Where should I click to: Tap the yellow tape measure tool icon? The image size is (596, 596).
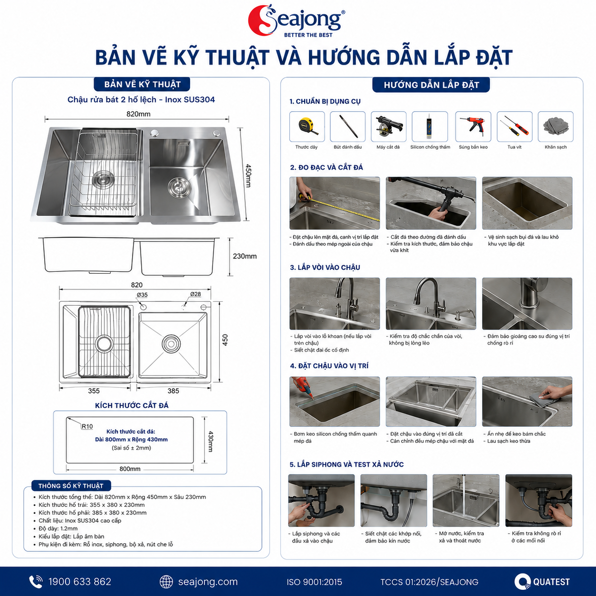(x=308, y=126)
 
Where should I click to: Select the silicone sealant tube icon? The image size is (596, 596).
(x=430, y=126)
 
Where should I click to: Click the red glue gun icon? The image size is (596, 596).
(x=473, y=126)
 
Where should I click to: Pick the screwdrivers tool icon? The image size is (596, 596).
(x=515, y=126)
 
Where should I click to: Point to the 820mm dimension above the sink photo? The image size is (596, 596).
(x=138, y=114)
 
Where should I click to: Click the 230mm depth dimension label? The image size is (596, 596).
(x=245, y=256)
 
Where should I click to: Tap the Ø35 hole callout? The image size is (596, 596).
(x=142, y=295)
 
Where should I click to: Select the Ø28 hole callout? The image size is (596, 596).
(x=195, y=294)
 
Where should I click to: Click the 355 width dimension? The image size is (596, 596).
(x=94, y=391)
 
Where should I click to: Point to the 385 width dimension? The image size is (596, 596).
(x=173, y=391)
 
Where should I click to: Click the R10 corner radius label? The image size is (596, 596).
(x=87, y=426)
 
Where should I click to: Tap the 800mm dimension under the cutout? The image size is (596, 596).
(x=130, y=469)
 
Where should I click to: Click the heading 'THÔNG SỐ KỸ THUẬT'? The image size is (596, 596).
(x=71, y=486)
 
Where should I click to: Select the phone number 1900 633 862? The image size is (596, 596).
(x=80, y=582)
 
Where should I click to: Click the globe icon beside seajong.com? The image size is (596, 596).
(x=166, y=582)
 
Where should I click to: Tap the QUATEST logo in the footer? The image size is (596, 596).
(x=542, y=582)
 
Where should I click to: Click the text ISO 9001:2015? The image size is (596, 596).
(x=314, y=582)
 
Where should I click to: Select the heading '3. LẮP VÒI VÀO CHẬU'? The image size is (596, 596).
(x=325, y=268)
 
